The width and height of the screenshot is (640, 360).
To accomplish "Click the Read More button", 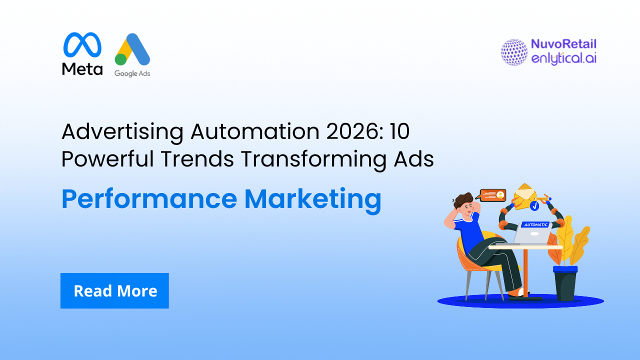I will coord(114,290).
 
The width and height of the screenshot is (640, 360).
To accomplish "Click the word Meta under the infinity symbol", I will coord(82,69).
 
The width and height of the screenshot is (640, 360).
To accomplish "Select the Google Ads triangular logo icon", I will coord(132,50).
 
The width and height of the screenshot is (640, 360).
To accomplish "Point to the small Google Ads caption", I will coord(132,73).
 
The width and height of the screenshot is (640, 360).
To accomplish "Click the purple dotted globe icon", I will coord(514,52).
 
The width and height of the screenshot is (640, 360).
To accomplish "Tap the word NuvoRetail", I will coord(563,44).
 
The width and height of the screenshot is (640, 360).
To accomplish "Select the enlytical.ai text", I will coord(563,58).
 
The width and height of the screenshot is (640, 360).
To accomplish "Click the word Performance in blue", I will coord(149,199).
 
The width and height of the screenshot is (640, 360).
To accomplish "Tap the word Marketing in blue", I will coord(312,199).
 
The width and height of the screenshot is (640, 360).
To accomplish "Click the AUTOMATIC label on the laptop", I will coord(535,225).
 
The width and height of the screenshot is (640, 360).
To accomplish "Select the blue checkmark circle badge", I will coord(534,205).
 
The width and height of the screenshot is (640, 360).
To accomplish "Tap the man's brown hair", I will coord(463,199).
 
